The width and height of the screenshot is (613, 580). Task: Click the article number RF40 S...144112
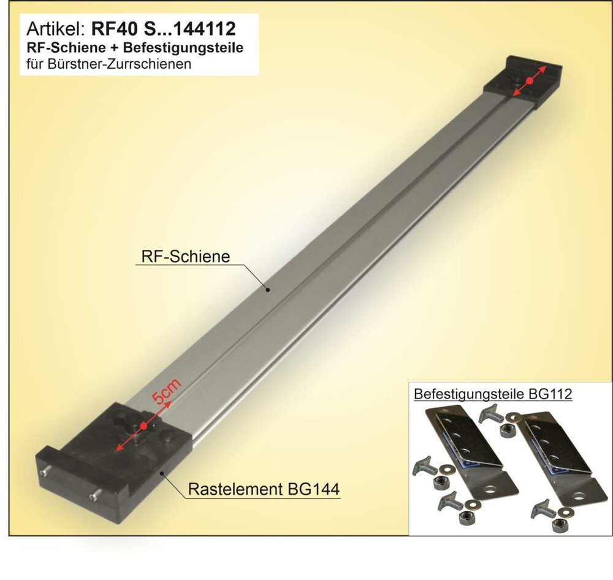(164, 29)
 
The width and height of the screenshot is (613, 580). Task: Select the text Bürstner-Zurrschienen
(120, 63)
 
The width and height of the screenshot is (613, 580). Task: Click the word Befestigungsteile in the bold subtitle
(183, 47)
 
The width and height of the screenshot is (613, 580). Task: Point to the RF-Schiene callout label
(186, 257)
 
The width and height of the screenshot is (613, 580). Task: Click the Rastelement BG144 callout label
(264, 489)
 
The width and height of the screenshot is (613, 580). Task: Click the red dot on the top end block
(530, 80)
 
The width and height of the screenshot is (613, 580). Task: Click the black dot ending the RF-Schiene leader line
(268, 290)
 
